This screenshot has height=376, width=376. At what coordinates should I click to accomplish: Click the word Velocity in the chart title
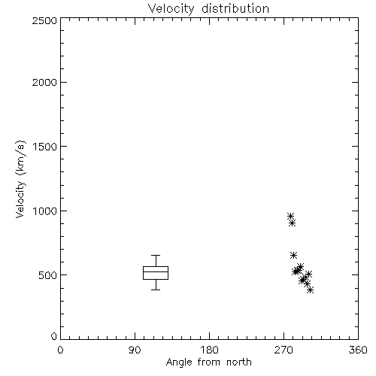pos(171,9)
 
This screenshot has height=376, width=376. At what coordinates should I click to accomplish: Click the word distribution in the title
pos(235,8)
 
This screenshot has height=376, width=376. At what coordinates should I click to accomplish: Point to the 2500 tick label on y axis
pos(44,20)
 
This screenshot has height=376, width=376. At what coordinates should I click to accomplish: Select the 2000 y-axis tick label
pos(44,82)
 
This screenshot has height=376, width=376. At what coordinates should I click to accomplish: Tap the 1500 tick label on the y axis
pos(45,147)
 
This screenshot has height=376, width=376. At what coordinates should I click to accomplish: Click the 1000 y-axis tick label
pos(45,211)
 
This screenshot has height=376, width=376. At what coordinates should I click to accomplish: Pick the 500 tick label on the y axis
pos(48,275)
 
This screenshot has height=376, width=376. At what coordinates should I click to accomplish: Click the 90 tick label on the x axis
pos(135,350)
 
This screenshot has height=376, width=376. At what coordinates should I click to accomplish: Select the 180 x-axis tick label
pos(209,350)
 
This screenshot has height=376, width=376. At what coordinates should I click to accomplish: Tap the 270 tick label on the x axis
pos(284,350)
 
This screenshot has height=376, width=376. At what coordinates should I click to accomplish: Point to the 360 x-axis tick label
pos(358,350)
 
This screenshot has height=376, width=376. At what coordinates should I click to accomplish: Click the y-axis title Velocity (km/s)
pos(20,179)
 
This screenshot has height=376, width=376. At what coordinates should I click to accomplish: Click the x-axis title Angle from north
pos(209,362)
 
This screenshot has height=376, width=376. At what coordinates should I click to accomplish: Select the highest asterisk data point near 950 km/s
pos(290,216)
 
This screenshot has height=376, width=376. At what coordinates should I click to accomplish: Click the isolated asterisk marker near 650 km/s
pos(293,256)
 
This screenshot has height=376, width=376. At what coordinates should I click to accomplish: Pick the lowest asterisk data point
pos(311,290)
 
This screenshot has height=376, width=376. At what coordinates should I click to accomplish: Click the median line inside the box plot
pos(156,271)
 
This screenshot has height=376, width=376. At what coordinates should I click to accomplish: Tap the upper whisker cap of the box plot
pos(156,255)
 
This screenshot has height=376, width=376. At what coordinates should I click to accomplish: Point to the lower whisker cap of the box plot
pos(156,290)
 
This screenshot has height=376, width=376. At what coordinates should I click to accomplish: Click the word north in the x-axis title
pos(239,362)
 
